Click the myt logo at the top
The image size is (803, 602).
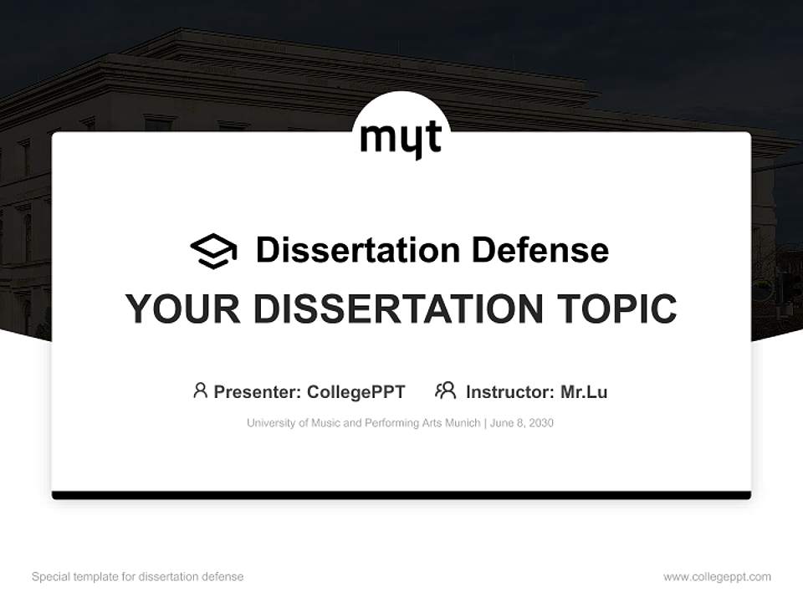tap(401, 138)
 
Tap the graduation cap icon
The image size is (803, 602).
tap(213, 251)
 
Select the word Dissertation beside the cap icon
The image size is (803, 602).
tap(357, 250)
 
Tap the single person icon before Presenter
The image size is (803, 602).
tap(200, 390)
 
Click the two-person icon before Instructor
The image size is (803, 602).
tap(445, 390)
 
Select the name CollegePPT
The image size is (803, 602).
tap(355, 391)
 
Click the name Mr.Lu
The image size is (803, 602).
tap(584, 391)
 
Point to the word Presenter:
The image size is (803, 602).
tap(258, 391)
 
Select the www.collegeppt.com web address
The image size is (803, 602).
tap(717, 577)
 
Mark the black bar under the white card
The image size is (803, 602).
tap(401, 495)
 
